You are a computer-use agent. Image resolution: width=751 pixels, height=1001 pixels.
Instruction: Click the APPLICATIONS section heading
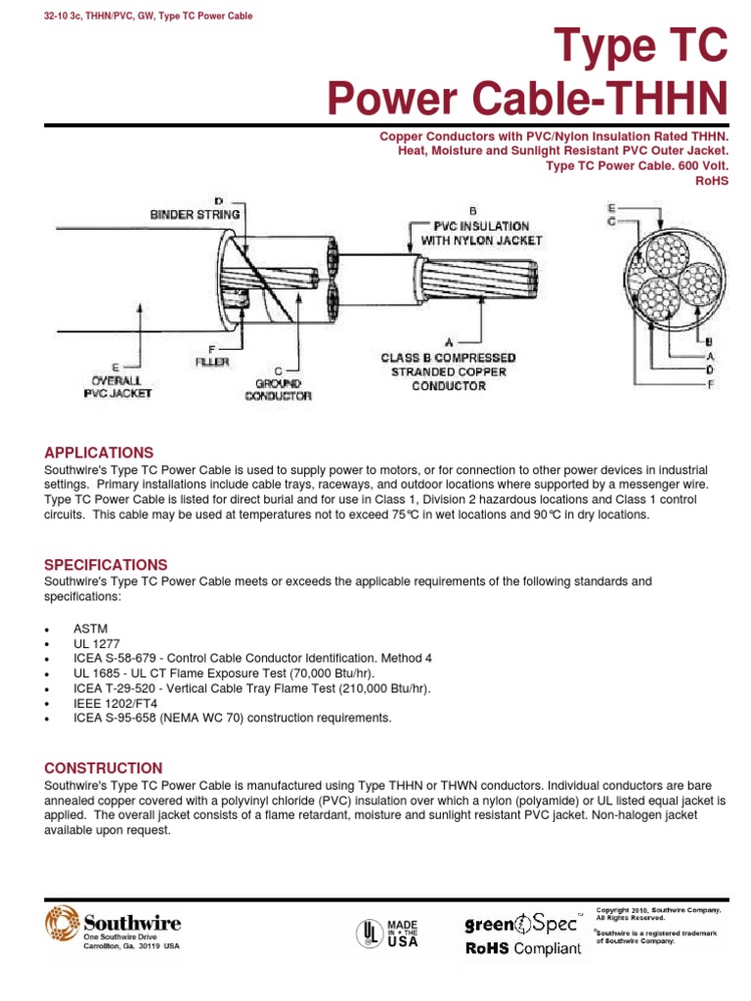click(x=99, y=453)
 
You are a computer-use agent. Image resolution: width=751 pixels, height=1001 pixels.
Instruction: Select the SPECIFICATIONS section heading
click(x=106, y=565)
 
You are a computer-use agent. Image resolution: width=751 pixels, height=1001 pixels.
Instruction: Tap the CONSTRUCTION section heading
click(x=104, y=768)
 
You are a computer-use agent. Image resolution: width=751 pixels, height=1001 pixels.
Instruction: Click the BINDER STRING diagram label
click(x=195, y=212)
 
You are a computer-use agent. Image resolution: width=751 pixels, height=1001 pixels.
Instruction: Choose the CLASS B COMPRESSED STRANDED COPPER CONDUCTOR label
click(x=449, y=371)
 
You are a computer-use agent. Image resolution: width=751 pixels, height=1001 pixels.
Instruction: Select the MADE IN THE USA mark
click(x=402, y=934)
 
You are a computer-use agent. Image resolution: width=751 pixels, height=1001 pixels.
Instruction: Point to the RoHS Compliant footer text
click(x=523, y=949)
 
